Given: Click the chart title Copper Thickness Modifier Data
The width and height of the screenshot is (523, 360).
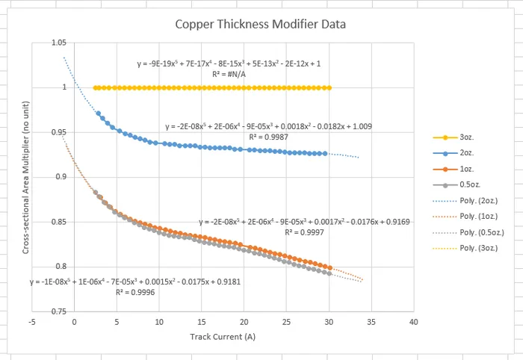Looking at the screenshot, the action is [261, 25].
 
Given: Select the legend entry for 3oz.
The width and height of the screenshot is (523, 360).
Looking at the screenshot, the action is [454, 137].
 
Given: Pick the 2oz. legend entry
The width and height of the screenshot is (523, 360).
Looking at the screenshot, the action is [454, 153].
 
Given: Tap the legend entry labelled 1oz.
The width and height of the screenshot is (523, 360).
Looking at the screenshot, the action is [454, 169].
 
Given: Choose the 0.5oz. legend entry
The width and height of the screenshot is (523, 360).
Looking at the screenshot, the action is [457, 184].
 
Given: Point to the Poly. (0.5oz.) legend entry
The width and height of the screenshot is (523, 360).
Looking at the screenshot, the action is [468, 232].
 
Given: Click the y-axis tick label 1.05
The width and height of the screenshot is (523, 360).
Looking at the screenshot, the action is [59, 43].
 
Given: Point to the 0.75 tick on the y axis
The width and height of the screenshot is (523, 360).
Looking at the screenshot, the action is [59, 311].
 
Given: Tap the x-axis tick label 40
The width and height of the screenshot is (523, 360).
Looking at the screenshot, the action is [414, 322].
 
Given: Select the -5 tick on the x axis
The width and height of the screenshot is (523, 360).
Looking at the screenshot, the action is [32, 322].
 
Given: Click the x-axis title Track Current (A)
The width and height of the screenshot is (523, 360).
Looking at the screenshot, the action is [223, 337].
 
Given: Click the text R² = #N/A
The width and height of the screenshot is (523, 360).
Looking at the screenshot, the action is [229, 75].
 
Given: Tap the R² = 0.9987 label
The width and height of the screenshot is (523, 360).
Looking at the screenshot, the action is [268, 137].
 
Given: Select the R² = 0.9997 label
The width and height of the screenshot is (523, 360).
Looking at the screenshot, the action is [304, 232].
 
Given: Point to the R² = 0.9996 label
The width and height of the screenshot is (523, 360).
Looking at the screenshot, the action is [135, 292].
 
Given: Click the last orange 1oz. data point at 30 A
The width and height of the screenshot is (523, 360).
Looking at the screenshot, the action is [330, 267].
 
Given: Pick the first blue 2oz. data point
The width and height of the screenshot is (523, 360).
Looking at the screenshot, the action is [99, 114].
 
